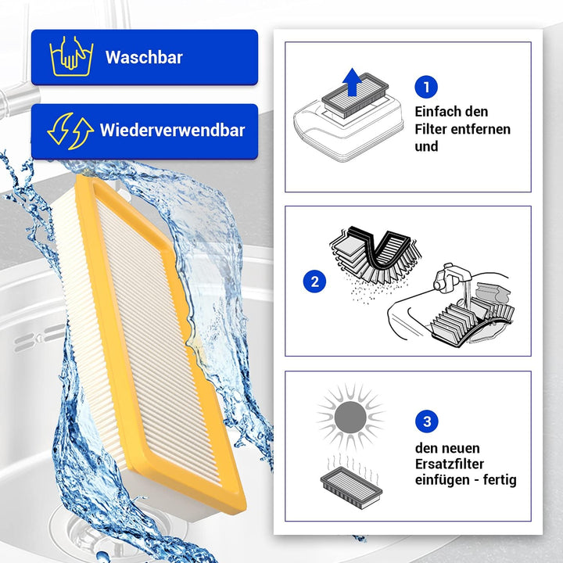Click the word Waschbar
144,57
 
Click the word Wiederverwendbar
172,131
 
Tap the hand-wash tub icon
71,57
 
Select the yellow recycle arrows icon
70,131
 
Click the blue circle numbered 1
426,87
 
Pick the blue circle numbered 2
314,281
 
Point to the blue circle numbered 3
426,422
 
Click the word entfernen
484,129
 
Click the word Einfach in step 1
438,112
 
